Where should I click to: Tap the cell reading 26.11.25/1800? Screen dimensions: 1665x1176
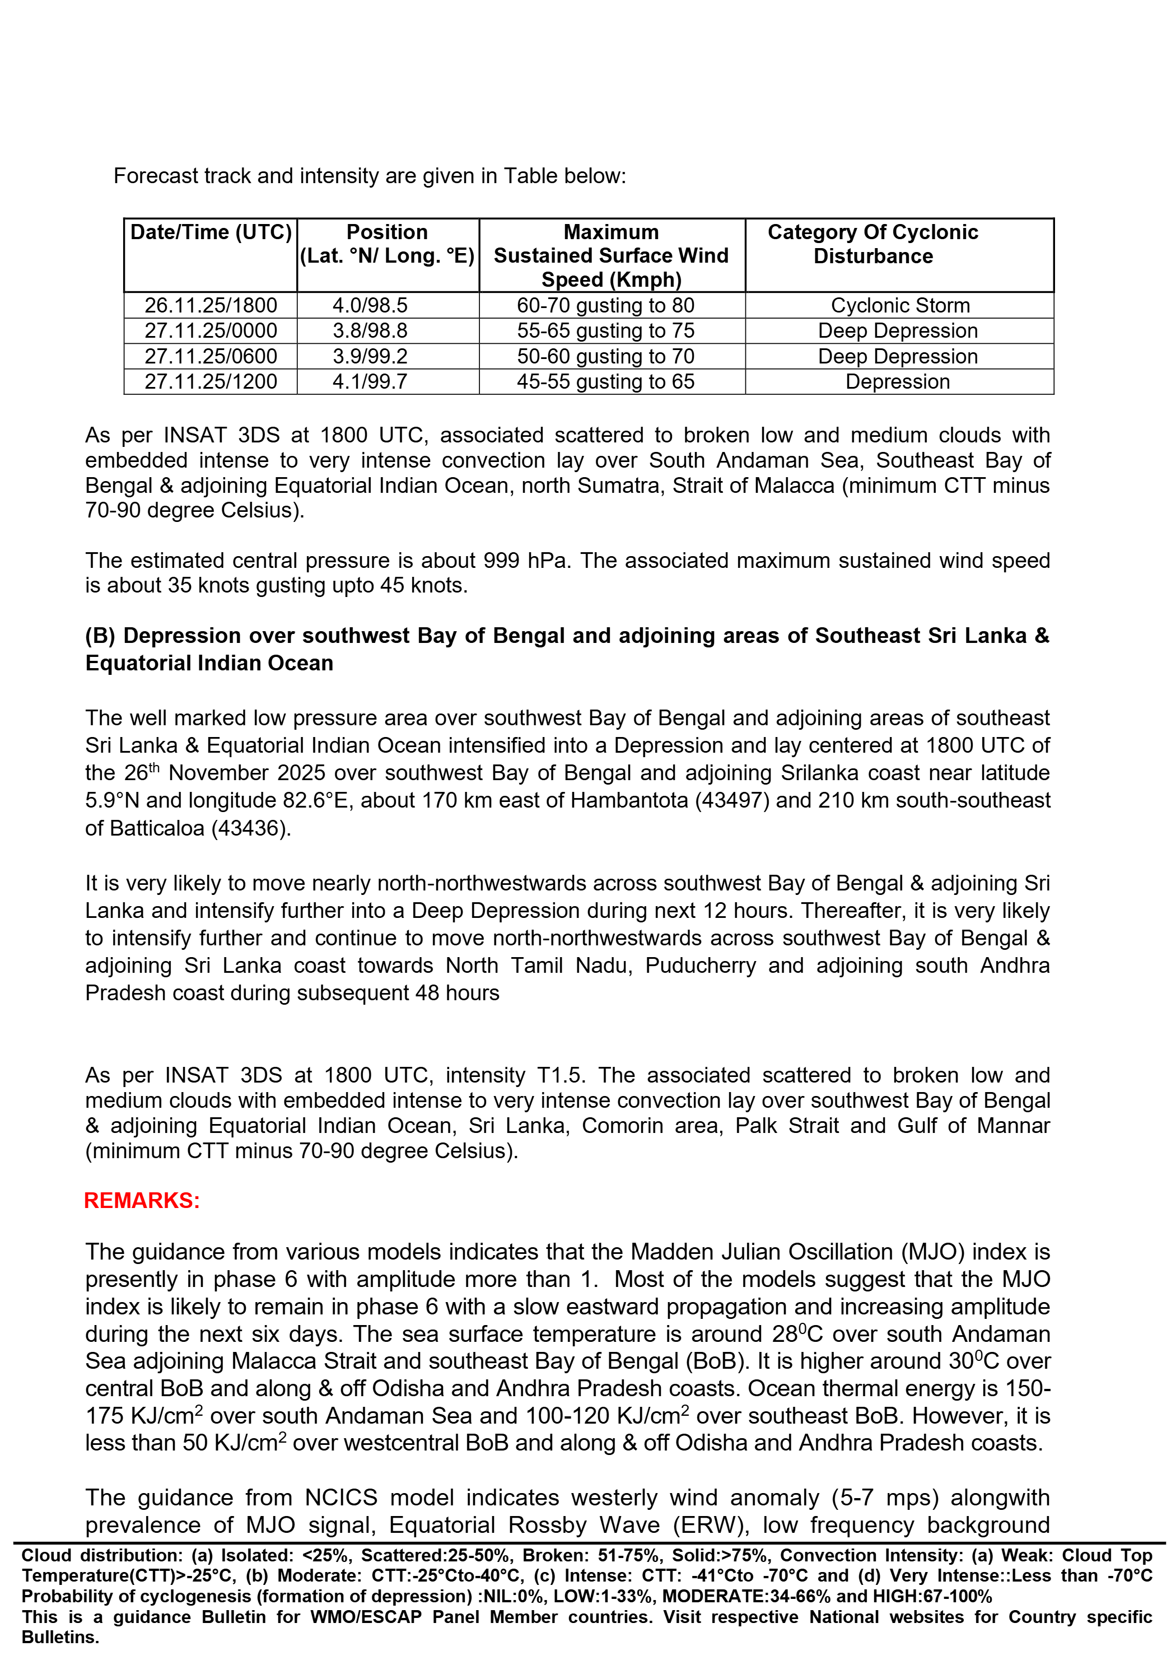[x=210, y=305]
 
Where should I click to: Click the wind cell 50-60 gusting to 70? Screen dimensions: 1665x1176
[x=605, y=356]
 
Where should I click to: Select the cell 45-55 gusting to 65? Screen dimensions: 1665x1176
[x=605, y=381]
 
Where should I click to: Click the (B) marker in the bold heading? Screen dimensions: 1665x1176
[x=101, y=636]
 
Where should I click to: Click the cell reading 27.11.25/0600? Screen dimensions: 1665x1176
[x=210, y=356]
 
